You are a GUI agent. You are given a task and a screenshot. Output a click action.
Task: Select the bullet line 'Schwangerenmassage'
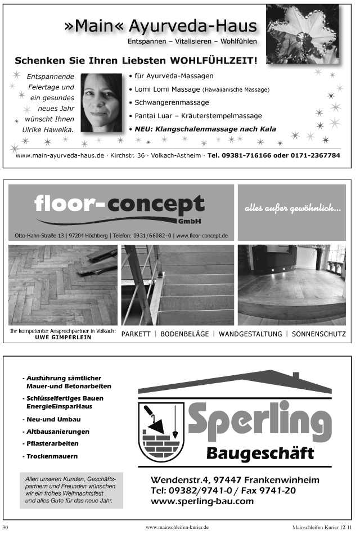click(172, 102)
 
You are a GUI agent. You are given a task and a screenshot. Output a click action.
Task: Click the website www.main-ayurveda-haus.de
click(60, 155)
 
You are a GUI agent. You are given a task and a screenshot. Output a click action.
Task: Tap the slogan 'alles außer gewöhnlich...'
click(292, 209)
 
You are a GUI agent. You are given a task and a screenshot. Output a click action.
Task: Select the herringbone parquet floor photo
click(62, 285)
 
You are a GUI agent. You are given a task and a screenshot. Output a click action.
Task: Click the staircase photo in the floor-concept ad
click(177, 285)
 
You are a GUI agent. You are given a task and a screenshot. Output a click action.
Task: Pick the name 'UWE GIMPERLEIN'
click(63, 338)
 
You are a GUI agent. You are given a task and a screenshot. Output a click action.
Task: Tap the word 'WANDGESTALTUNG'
click(250, 334)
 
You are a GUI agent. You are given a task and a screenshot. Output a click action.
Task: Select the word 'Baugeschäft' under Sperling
click(260, 452)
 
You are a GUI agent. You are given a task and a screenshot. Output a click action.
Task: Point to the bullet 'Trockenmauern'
click(52, 456)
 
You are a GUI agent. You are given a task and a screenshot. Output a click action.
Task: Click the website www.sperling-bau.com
click(202, 501)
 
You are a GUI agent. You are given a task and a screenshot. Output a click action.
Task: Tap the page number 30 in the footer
click(6, 527)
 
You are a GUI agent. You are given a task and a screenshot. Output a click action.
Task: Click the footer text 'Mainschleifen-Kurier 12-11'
click(322, 527)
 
